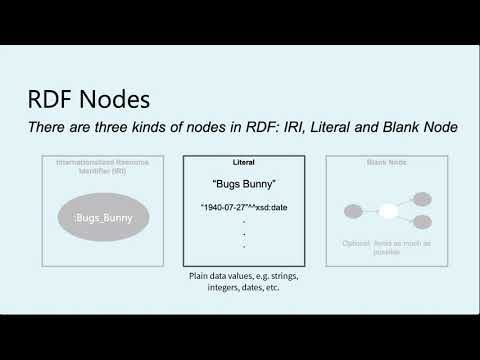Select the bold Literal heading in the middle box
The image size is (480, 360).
243,161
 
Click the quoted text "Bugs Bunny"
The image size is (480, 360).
243,185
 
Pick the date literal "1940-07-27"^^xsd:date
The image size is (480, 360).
243,207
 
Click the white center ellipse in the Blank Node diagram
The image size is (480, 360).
387,210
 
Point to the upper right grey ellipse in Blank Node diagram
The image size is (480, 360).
421,198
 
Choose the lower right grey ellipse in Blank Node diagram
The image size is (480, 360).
421,221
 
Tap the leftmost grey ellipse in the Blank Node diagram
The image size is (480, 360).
353,210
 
